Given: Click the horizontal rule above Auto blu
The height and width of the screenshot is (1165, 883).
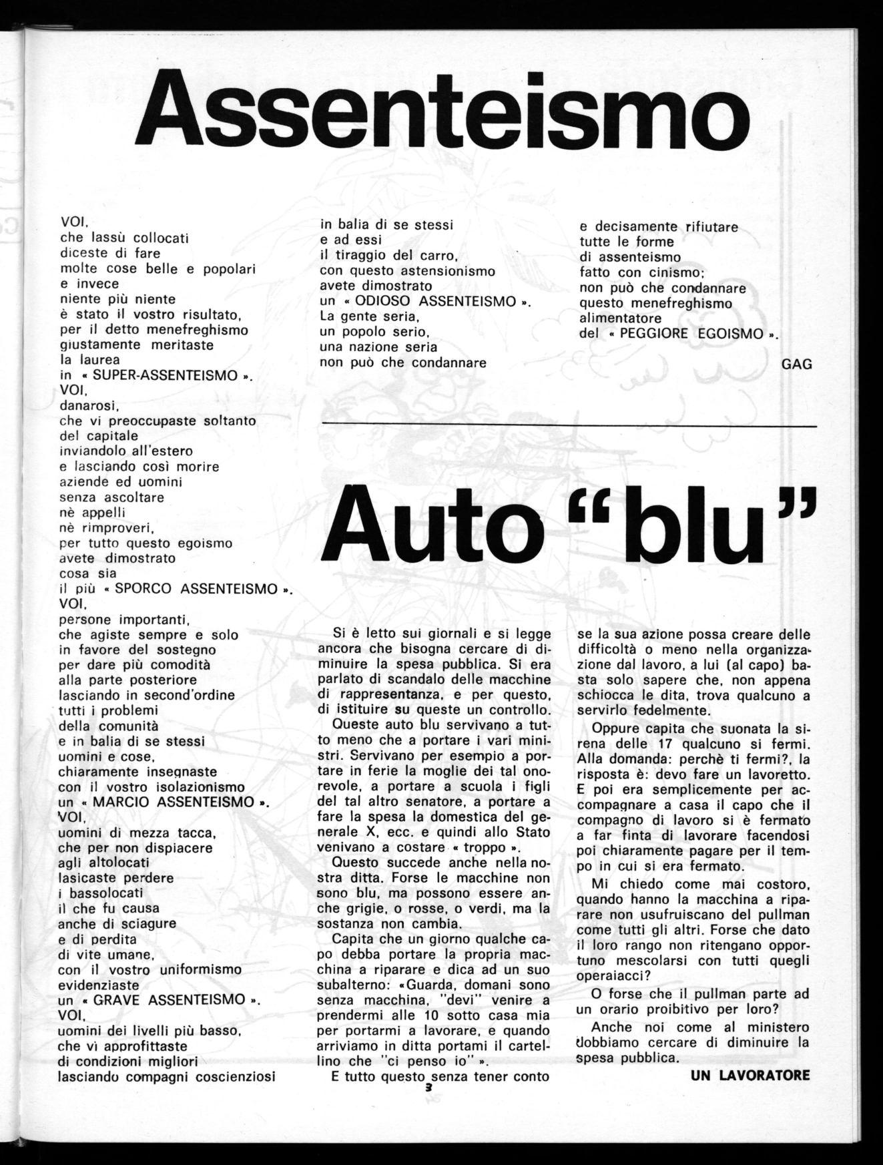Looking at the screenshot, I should [x=569, y=425].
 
